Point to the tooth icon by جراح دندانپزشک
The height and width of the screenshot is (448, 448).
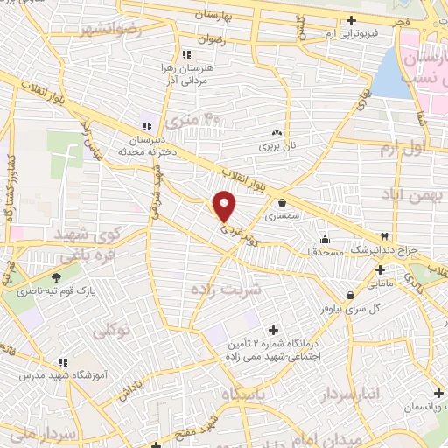pyautogui.click(x=383, y=237)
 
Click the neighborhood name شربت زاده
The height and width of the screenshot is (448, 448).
pyautogui.click(x=226, y=289)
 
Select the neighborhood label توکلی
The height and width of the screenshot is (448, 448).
pyautogui.click(x=111, y=329)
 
